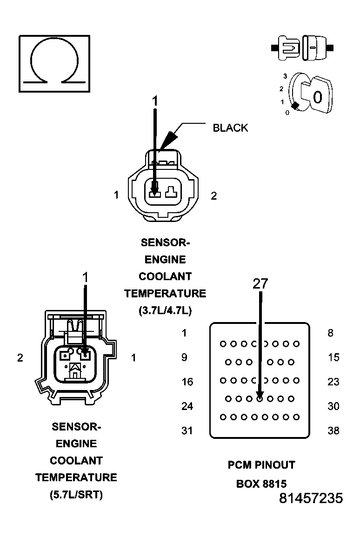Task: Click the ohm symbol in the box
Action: [54, 63]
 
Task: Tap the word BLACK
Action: [230, 128]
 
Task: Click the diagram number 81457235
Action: [311, 498]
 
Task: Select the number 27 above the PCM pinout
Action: [260, 284]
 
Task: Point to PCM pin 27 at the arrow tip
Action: [260, 398]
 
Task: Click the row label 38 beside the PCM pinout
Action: [333, 430]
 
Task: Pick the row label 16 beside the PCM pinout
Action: [187, 382]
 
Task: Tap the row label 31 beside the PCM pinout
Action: [187, 430]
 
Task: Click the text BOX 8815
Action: [261, 484]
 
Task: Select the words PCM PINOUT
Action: [261, 464]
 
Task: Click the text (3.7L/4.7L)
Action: [165, 310]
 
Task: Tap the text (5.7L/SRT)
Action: [76, 495]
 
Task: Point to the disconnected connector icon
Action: [302, 47]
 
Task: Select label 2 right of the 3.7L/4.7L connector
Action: [213, 196]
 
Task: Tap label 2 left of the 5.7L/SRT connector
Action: [20, 357]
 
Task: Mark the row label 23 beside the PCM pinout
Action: [333, 382]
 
